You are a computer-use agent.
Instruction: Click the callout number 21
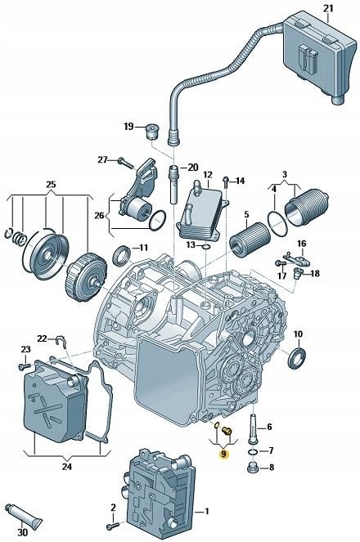[x=328, y=9]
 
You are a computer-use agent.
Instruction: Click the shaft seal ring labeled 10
[x=298, y=357]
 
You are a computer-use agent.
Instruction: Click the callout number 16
[x=301, y=244]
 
